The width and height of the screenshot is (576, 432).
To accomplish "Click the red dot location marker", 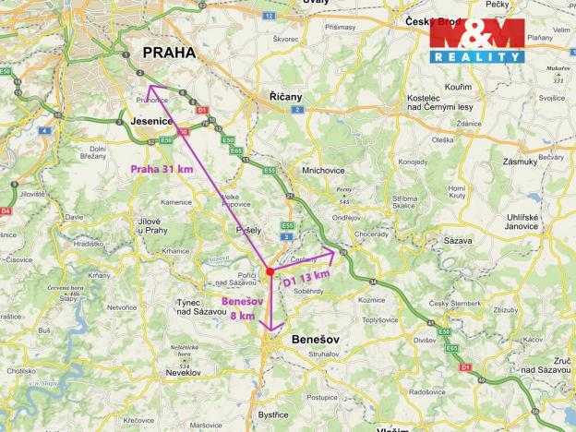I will pyautogui.click(x=269, y=271).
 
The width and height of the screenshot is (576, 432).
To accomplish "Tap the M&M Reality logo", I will pyautogui.click(x=475, y=41).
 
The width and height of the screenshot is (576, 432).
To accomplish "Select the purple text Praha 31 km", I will pyautogui.click(x=162, y=169).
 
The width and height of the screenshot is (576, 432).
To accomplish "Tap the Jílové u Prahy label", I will pyautogui.click(x=152, y=225).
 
